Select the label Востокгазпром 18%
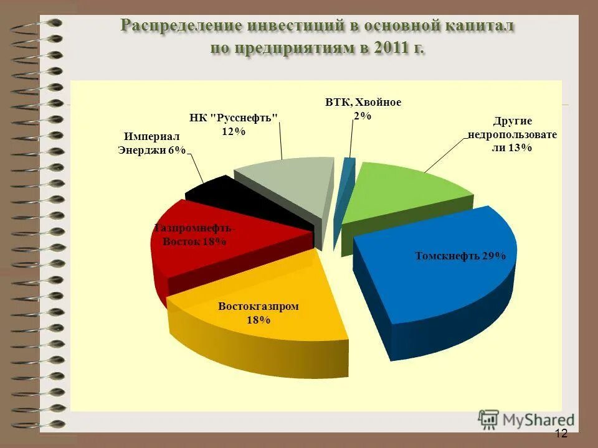point(259,313)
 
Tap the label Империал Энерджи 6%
point(153,143)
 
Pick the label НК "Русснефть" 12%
point(233,124)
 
